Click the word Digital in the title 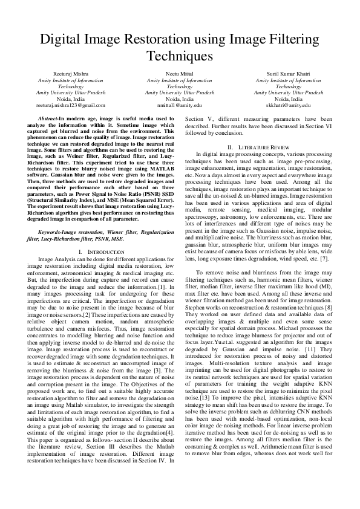(61, 41)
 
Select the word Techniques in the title (180, 57)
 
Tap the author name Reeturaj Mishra (71, 74)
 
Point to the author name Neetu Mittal (179, 74)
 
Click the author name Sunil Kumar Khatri (287, 74)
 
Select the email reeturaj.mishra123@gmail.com (71, 105)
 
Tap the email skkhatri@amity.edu (287, 105)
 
